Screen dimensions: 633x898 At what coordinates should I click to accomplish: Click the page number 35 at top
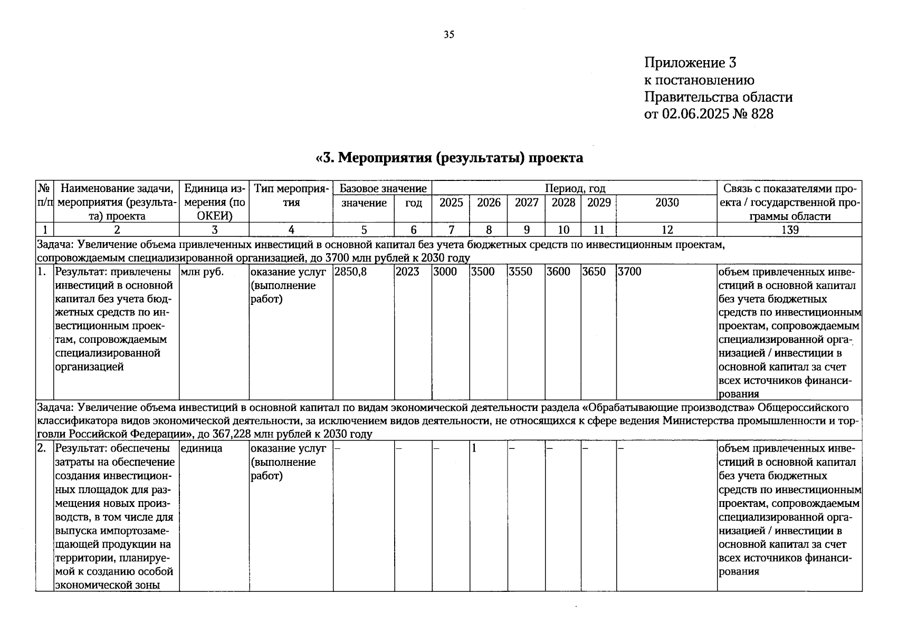coord(449,35)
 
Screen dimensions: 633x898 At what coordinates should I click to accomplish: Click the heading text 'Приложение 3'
coord(690,63)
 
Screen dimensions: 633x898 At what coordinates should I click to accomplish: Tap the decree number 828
coord(762,113)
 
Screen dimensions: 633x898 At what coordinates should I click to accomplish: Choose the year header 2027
coord(527,203)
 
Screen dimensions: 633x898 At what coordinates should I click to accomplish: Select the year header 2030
coord(667,203)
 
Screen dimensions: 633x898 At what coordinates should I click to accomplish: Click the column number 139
coord(790,229)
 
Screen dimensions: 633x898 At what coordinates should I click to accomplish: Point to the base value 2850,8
coord(350,272)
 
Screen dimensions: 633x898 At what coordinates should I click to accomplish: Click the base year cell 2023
coord(408,272)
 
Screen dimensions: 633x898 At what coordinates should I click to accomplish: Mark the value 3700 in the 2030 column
coord(629,272)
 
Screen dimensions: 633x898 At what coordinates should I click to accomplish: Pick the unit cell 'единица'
coord(201,449)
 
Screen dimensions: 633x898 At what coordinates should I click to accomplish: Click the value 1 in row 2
coord(474,449)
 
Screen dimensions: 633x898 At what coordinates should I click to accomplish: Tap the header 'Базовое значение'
coord(383,188)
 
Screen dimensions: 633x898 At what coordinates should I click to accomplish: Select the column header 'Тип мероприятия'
coord(291,195)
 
